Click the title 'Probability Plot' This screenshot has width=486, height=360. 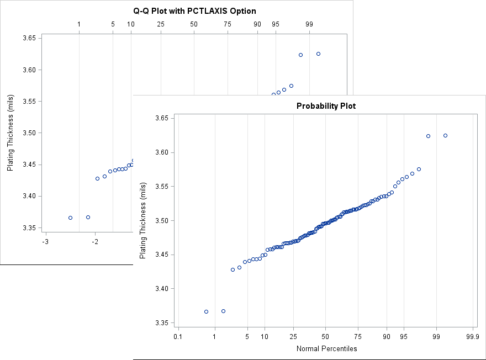point(326,106)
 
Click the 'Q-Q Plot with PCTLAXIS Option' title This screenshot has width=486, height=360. point(195,11)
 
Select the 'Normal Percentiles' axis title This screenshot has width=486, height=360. point(326,348)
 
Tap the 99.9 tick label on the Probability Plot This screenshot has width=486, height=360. point(473,336)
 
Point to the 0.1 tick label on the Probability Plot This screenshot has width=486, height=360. point(177,336)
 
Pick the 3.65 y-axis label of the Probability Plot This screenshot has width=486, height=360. point(162,118)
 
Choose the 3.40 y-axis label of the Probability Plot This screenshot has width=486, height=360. point(162,289)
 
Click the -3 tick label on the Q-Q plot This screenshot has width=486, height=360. point(45,241)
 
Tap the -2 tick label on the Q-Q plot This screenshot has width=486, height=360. point(95,241)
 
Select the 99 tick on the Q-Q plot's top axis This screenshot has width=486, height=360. point(309,24)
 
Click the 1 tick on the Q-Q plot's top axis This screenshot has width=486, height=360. point(80,24)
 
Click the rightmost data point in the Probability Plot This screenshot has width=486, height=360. point(445,135)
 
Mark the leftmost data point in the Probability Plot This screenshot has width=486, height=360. point(206,311)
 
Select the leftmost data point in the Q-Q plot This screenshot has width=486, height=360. point(70,218)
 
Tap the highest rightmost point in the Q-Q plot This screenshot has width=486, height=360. point(318,54)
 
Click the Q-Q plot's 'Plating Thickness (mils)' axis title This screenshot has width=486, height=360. point(10,133)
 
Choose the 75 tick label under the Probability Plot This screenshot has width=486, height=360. point(358,336)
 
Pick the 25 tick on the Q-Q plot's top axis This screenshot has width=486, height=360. point(161,24)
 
